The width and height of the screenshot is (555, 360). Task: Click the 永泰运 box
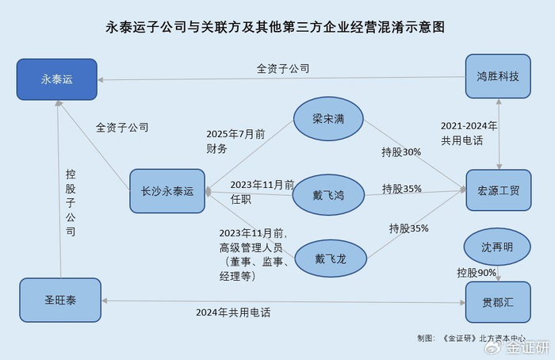tap(56, 79)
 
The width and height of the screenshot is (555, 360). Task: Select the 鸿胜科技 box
tap(498, 77)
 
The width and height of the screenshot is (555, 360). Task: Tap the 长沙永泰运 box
tap(167, 191)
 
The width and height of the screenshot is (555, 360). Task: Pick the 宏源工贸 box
tap(498, 191)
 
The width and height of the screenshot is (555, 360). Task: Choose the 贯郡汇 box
tap(498, 302)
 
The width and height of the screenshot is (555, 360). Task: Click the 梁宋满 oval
tap(327, 120)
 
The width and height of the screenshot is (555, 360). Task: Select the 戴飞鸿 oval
tap(327, 193)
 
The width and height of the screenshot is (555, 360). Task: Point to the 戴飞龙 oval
tap(327, 259)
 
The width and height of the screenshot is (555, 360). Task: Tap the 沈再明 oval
tap(496, 247)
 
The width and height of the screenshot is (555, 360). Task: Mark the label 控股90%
tap(477, 273)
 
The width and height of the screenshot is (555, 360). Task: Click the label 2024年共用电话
tap(233, 312)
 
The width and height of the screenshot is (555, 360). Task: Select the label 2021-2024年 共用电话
tap(469, 132)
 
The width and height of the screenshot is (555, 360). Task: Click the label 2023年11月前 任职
tap(251, 192)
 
